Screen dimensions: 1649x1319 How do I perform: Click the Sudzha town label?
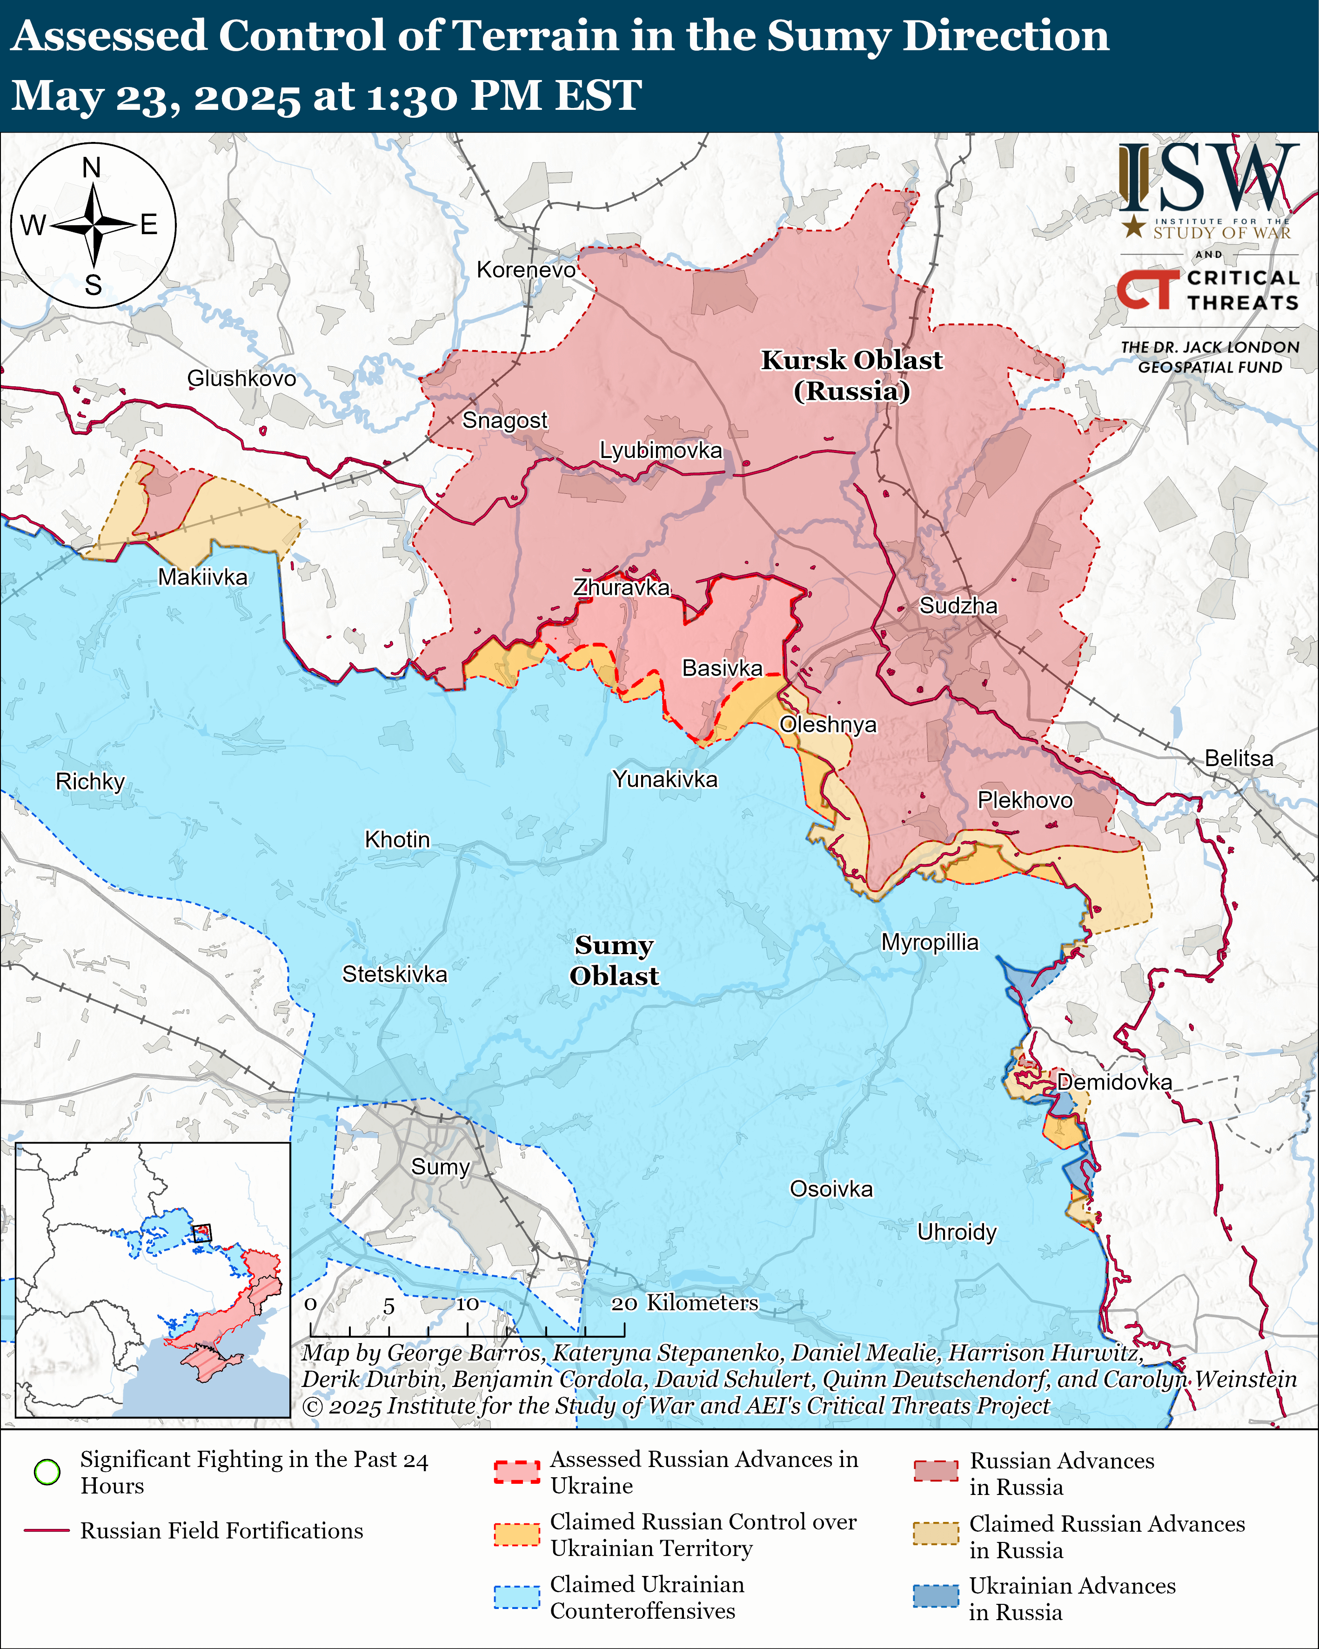958,606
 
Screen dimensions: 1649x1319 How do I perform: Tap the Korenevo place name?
526,270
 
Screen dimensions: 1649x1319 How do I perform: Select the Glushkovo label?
241,378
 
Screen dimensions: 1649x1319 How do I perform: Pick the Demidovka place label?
1114,1082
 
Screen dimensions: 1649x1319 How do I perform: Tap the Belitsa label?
1239,758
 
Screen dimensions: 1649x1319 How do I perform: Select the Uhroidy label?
957,1232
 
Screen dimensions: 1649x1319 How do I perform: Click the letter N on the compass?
92,168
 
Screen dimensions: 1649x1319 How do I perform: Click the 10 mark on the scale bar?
467,1304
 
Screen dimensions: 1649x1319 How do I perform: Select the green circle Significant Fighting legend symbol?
47,1472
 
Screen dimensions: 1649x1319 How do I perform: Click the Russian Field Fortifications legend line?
47,1530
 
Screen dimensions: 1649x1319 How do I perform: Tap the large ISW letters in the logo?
1208,177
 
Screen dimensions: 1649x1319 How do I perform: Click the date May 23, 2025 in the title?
156,96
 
